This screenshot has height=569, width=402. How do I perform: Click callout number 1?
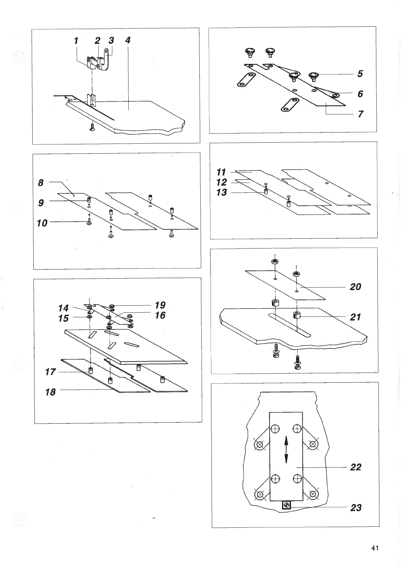pyautogui.click(x=76, y=41)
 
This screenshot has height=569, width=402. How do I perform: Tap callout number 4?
pyautogui.click(x=128, y=40)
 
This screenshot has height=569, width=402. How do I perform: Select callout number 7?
pyautogui.click(x=360, y=114)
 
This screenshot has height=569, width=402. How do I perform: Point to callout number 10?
pyautogui.click(x=42, y=223)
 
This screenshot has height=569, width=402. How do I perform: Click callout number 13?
pyautogui.click(x=222, y=193)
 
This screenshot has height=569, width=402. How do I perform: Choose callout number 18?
pyautogui.click(x=50, y=392)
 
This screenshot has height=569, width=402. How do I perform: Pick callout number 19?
pyautogui.click(x=160, y=305)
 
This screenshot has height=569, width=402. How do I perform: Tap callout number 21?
pyautogui.click(x=355, y=317)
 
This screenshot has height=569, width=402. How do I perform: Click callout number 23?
pyautogui.click(x=356, y=507)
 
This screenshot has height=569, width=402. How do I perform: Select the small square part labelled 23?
pyautogui.click(x=286, y=505)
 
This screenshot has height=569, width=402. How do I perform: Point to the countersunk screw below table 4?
pyautogui.click(x=92, y=127)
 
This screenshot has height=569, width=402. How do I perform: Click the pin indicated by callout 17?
pyautogui.click(x=91, y=370)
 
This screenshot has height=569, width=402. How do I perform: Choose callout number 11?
pyautogui.click(x=221, y=172)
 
